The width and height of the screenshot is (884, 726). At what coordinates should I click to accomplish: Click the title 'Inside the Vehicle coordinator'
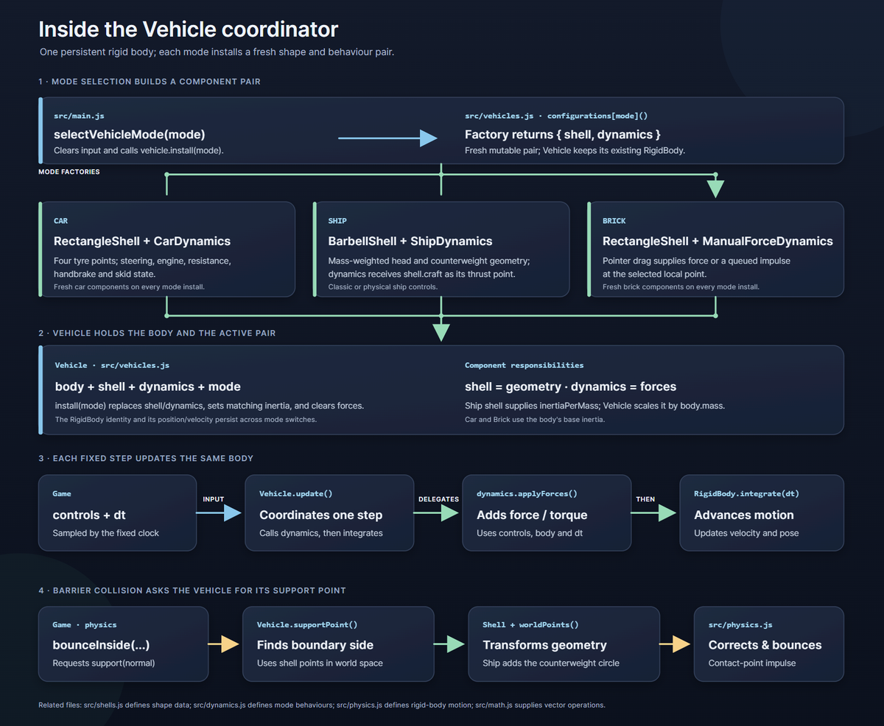pos(188,29)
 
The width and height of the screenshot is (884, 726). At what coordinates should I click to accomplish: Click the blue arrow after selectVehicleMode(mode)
pos(387,138)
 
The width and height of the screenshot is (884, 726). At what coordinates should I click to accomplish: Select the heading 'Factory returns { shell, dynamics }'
pos(563,135)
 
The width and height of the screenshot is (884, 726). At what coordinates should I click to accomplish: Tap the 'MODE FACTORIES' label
pos(69,172)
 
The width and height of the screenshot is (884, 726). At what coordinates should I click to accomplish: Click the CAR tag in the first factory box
pos(61,221)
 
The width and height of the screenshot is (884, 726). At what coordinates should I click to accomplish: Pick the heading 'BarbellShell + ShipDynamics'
pos(410,242)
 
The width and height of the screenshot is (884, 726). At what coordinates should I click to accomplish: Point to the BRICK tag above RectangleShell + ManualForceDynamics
pos(614,221)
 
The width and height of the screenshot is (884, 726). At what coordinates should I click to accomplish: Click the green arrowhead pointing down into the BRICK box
pos(715,189)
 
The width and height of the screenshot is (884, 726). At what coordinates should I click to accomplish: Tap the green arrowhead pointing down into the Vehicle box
pos(441,332)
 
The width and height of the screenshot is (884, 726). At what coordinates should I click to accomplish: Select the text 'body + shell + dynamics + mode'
pos(148,387)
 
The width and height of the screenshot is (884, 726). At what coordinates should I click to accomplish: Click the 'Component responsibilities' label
pos(524,365)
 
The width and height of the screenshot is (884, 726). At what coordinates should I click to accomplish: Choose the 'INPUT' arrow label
pos(214,499)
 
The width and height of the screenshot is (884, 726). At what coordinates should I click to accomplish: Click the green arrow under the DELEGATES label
pos(436,512)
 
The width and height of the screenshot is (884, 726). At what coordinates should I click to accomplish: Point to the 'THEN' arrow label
pos(645,499)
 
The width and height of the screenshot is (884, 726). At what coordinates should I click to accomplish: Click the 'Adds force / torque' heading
pos(532,515)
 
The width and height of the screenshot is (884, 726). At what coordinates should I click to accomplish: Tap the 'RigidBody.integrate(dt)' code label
pos(746,494)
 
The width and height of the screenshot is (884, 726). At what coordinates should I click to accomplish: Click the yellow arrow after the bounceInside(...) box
pos(223,644)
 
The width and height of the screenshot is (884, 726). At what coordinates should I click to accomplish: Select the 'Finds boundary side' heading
pos(315,645)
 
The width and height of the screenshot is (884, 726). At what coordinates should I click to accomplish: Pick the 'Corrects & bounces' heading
pos(765,645)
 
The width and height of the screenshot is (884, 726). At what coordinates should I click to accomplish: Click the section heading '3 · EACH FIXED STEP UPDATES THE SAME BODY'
pos(146,458)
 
